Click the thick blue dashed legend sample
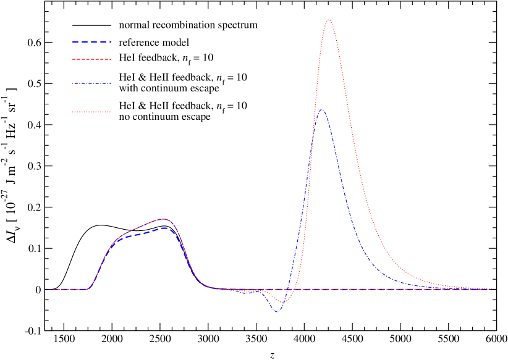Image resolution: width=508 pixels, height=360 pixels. pyautogui.click(x=91, y=41)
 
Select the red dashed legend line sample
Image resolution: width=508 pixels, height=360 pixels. pyautogui.click(x=91, y=59)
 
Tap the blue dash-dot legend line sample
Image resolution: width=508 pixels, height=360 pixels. pyautogui.click(x=91, y=83)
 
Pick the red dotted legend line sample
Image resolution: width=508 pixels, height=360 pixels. pyautogui.click(x=91, y=112)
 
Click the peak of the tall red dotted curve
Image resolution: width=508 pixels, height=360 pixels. pyautogui.click(x=329, y=20)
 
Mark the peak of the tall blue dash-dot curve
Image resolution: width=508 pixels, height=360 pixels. pyautogui.click(x=321, y=110)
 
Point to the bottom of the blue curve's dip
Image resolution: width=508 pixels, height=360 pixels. pyautogui.click(x=276, y=312)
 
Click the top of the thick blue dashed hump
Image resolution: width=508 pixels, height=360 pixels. pyautogui.click(x=165, y=228)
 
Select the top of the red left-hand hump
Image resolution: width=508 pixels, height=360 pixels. pyautogui.click(x=164, y=219)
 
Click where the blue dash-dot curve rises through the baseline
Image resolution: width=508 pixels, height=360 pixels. pyautogui.click(x=287, y=289)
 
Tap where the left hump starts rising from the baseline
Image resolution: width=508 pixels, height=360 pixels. pyautogui.click(x=88, y=288)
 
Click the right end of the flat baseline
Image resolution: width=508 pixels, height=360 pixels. pyautogui.click(x=495, y=289)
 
